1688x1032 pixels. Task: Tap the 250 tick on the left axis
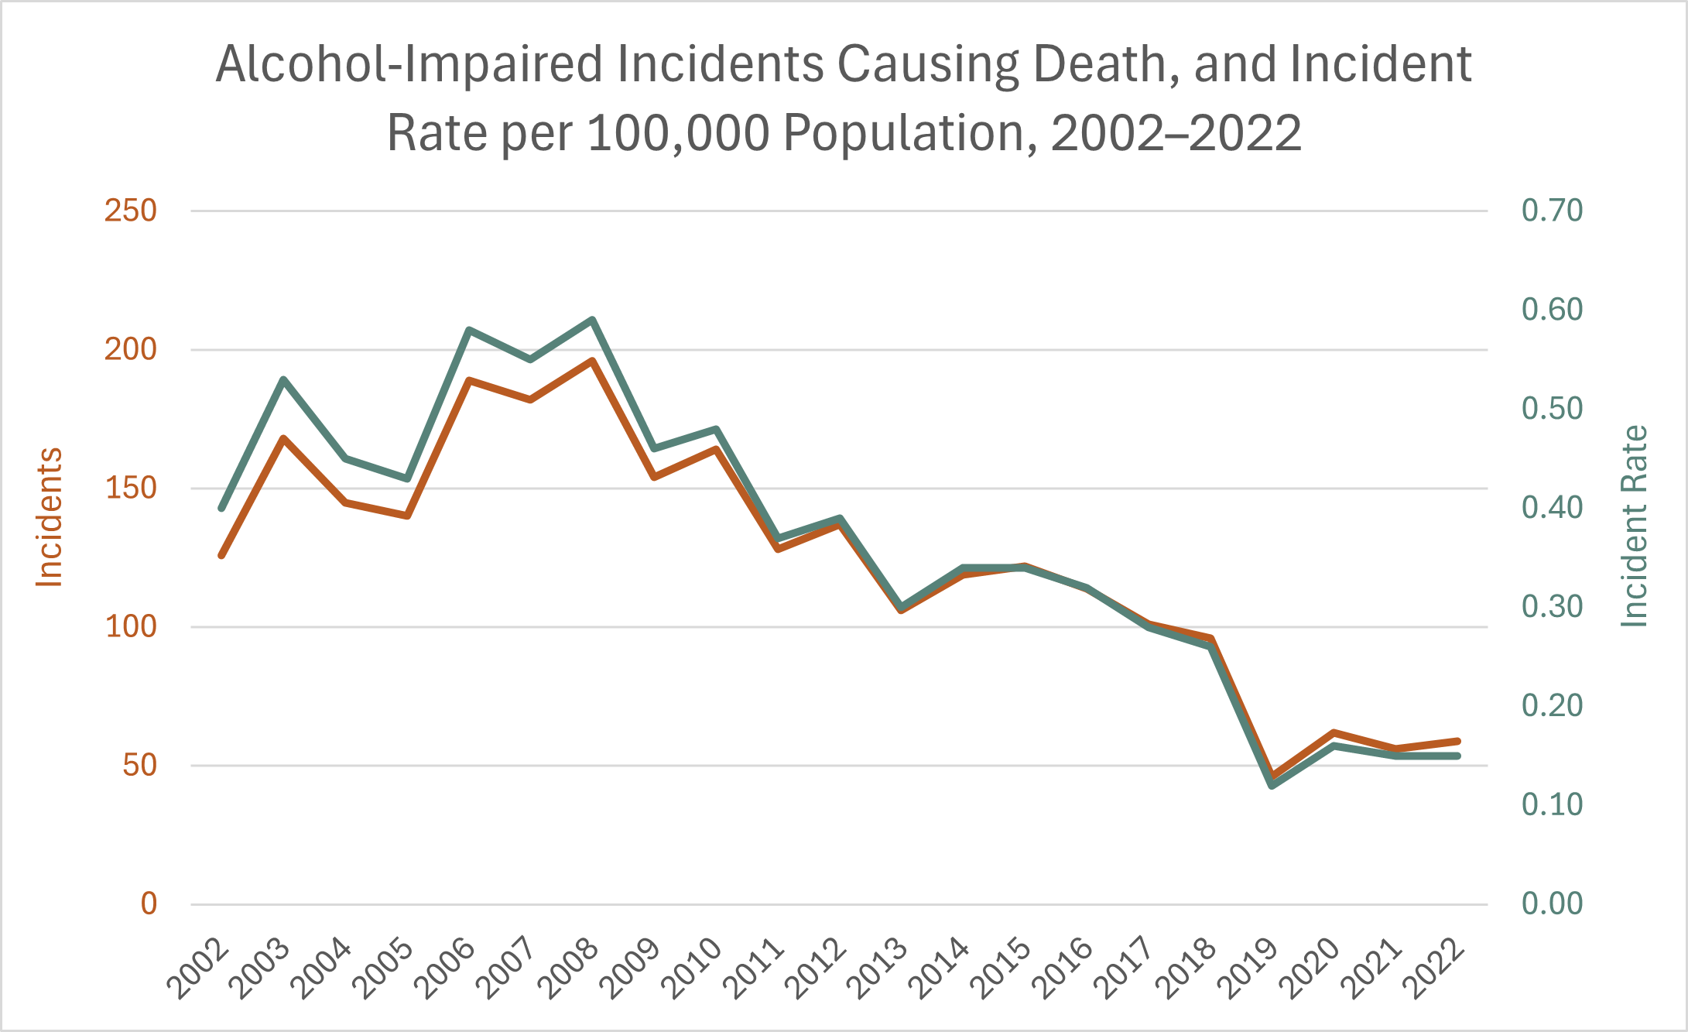click(x=130, y=211)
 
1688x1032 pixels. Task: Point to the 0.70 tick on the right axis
click(x=1552, y=211)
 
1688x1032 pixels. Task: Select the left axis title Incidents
click(x=50, y=517)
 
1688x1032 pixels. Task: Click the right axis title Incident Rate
click(x=1634, y=526)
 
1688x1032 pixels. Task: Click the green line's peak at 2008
click(x=592, y=320)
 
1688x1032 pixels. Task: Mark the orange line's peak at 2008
click(x=592, y=361)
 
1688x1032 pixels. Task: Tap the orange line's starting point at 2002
click(x=222, y=555)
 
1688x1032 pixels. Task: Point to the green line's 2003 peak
click(x=284, y=379)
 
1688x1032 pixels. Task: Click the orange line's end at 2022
click(x=1457, y=741)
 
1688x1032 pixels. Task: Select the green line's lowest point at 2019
click(x=1272, y=786)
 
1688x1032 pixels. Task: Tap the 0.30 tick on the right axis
click(x=1552, y=607)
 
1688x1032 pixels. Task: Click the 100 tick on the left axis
click(x=130, y=626)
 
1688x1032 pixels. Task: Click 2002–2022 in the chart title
click(x=1176, y=133)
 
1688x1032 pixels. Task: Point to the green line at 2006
click(x=469, y=330)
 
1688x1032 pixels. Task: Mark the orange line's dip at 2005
click(x=407, y=515)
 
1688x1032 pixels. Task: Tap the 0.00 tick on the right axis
click(x=1552, y=903)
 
